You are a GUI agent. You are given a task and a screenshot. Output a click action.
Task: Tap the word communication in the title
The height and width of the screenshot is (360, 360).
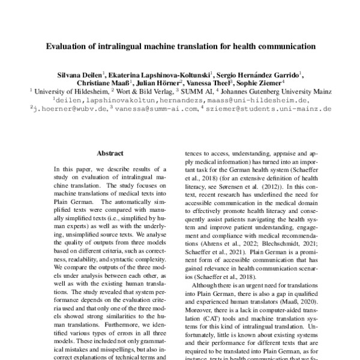pos(282,45)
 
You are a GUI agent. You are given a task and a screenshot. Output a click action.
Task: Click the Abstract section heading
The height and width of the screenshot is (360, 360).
pos(110,153)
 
